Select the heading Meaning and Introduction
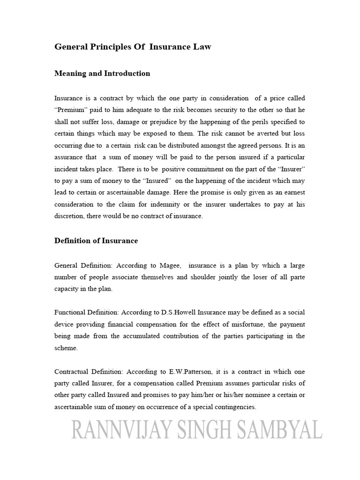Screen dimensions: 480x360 tap(102, 73)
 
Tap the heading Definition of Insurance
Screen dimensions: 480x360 tap(96, 240)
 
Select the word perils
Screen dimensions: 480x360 tap(256, 121)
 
